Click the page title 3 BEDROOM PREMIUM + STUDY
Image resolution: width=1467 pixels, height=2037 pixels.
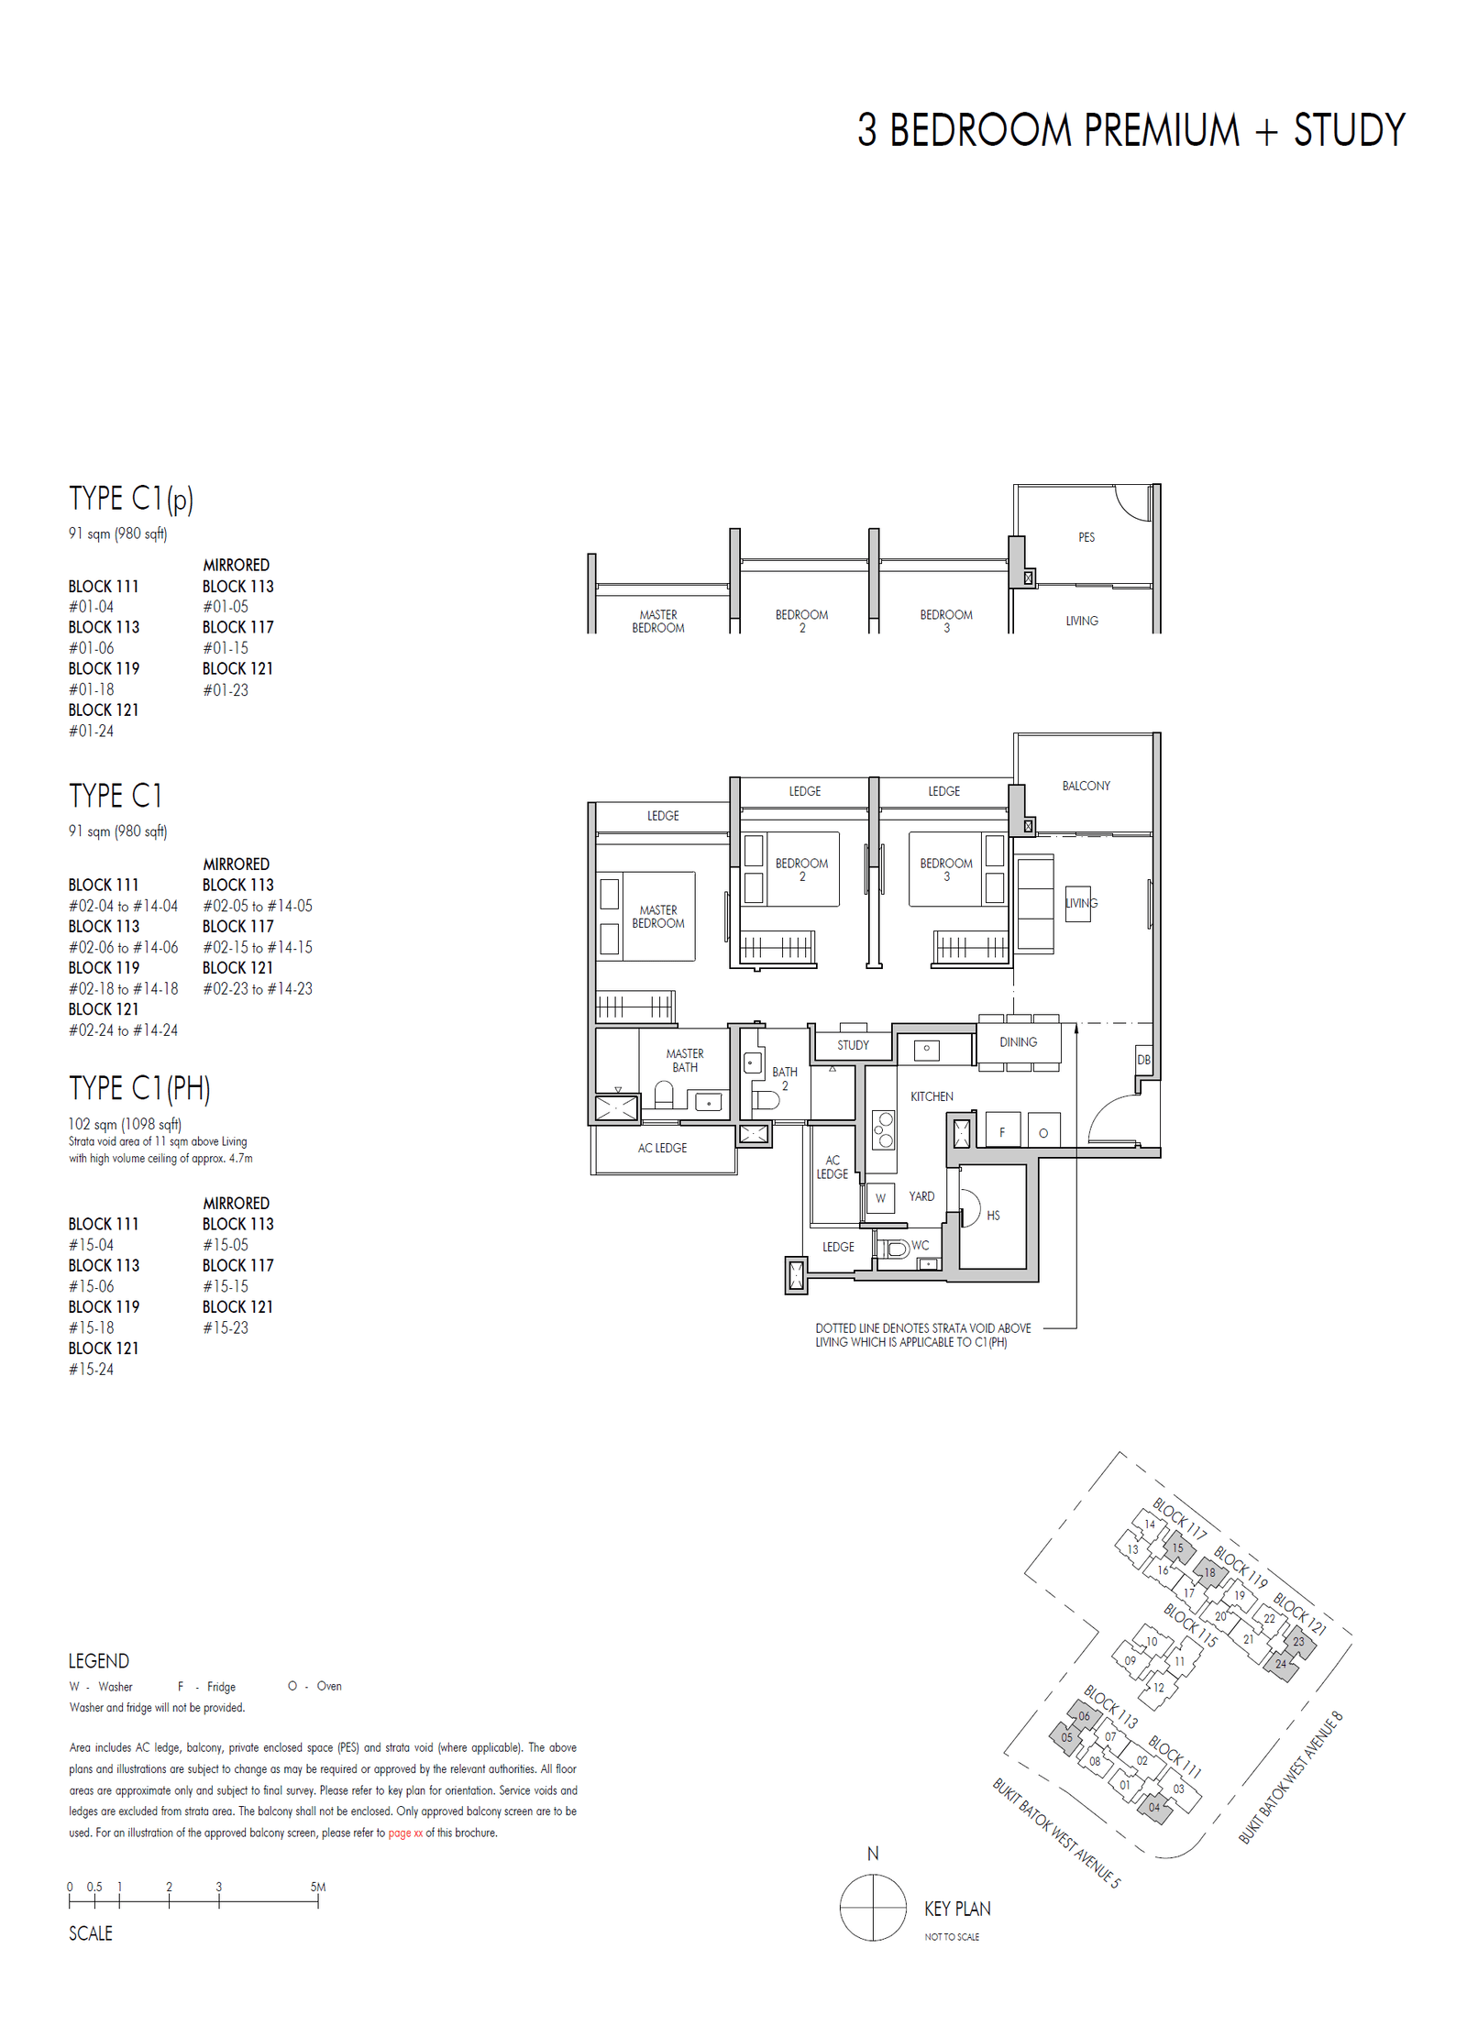click(x=1131, y=130)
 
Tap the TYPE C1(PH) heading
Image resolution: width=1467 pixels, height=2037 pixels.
click(x=139, y=1088)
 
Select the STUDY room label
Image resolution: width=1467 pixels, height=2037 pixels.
click(x=853, y=1045)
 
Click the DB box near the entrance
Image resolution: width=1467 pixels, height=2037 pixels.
click(x=1143, y=1060)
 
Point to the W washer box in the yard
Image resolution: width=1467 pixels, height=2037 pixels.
click(x=880, y=1198)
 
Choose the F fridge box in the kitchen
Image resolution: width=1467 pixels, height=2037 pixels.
click(x=1002, y=1132)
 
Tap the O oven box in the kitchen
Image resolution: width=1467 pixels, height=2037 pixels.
click(x=1043, y=1133)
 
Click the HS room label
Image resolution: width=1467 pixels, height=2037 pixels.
click(x=993, y=1216)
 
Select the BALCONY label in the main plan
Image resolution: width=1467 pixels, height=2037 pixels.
click(x=1086, y=786)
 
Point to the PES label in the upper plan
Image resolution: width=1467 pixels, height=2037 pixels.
click(x=1086, y=537)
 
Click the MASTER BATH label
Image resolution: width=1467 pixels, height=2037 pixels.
click(x=685, y=1061)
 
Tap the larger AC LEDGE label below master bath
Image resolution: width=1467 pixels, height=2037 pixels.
click(x=662, y=1148)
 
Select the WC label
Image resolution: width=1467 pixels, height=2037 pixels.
click(x=921, y=1245)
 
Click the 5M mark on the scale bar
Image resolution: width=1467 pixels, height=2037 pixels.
click(x=318, y=1887)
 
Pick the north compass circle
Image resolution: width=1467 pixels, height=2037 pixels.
click(x=873, y=1908)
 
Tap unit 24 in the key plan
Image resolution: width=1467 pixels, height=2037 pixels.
click(x=1281, y=1664)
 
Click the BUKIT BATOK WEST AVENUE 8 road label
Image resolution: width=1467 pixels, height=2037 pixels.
click(x=1290, y=1778)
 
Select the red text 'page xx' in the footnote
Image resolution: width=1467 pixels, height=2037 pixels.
click(x=405, y=1833)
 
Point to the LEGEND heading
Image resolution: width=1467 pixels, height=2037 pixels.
click(x=99, y=1661)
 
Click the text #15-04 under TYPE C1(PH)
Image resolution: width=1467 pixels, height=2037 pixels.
click(x=92, y=1245)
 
